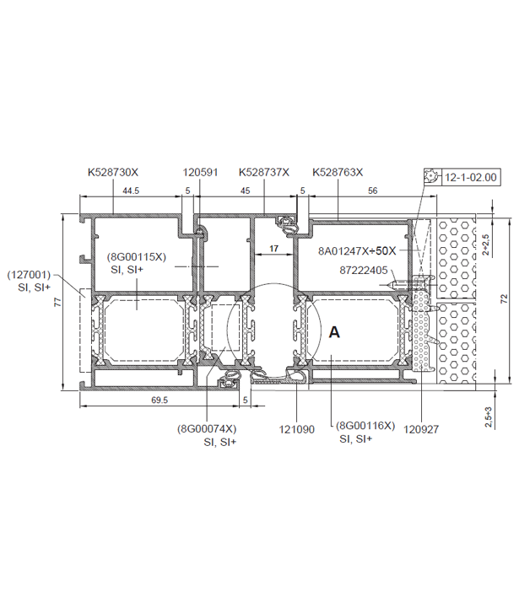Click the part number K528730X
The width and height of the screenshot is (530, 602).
pyautogui.click(x=113, y=172)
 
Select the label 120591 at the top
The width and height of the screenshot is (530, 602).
pyautogui.click(x=200, y=172)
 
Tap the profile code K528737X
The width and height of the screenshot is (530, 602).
pyautogui.click(x=264, y=172)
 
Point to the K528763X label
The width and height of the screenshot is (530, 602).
pyautogui.click(x=338, y=172)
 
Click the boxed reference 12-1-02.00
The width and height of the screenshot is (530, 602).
pyautogui.click(x=471, y=177)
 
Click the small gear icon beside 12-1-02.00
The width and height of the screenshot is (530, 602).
pyautogui.click(x=433, y=177)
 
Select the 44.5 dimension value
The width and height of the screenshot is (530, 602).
pyautogui.click(x=131, y=191)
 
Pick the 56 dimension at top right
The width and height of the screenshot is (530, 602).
pyautogui.click(x=373, y=191)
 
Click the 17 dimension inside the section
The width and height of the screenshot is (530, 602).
pyautogui.click(x=273, y=249)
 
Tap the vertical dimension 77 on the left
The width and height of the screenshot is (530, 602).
pyautogui.click(x=57, y=302)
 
